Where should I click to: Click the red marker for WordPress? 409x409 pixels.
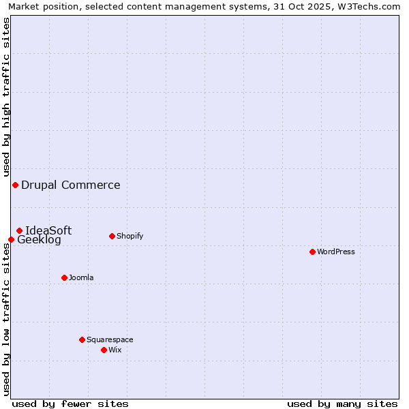[x=312, y=252]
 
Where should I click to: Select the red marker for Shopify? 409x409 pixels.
[x=112, y=236]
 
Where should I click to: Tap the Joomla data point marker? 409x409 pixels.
[x=64, y=277]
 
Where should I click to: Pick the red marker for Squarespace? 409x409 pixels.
[x=82, y=339]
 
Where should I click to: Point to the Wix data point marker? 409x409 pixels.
[x=104, y=350]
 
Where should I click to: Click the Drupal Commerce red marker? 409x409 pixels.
[x=15, y=185]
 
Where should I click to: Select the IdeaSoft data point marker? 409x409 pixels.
[x=19, y=230]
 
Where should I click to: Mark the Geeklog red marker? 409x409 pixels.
[x=11, y=239]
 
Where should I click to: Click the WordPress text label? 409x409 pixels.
[x=336, y=252]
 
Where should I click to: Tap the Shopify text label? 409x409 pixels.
[x=130, y=236]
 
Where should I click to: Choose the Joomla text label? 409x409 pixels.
[x=81, y=277]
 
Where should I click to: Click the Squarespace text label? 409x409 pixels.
[x=110, y=339]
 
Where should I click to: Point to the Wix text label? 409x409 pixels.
[x=115, y=350]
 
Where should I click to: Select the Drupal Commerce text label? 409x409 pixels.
[x=71, y=185]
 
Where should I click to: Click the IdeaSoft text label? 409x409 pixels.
[x=48, y=230]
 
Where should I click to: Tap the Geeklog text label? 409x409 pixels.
[x=39, y=240]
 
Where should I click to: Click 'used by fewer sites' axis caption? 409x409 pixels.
[x=70, y=404]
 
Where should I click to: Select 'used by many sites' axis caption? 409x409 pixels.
[x=342, y=404]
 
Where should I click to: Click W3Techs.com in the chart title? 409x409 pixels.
[x=372, y=6]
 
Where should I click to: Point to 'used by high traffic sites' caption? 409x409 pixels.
[x=6, y=95]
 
